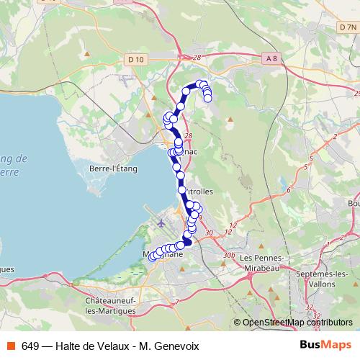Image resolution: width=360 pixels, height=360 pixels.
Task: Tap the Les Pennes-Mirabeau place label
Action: pyautogui.click(x=264, y=263)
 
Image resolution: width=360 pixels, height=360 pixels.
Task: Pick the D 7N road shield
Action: pyautogui.click(x=346, y=27)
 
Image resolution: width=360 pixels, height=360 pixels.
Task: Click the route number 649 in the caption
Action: pyautogui.click(x=30, y=346)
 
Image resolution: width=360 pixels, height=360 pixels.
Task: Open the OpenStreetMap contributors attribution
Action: pyautogui.click(x=297, y=323)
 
